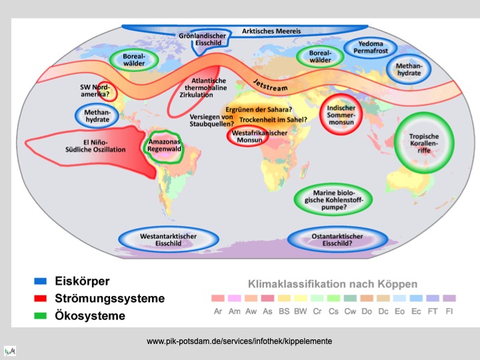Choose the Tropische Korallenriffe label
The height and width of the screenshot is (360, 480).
424,142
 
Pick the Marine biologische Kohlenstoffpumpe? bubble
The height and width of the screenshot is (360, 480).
333,198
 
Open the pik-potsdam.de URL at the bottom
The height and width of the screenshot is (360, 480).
239,341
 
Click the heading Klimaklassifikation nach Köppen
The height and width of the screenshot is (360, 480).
332,283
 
